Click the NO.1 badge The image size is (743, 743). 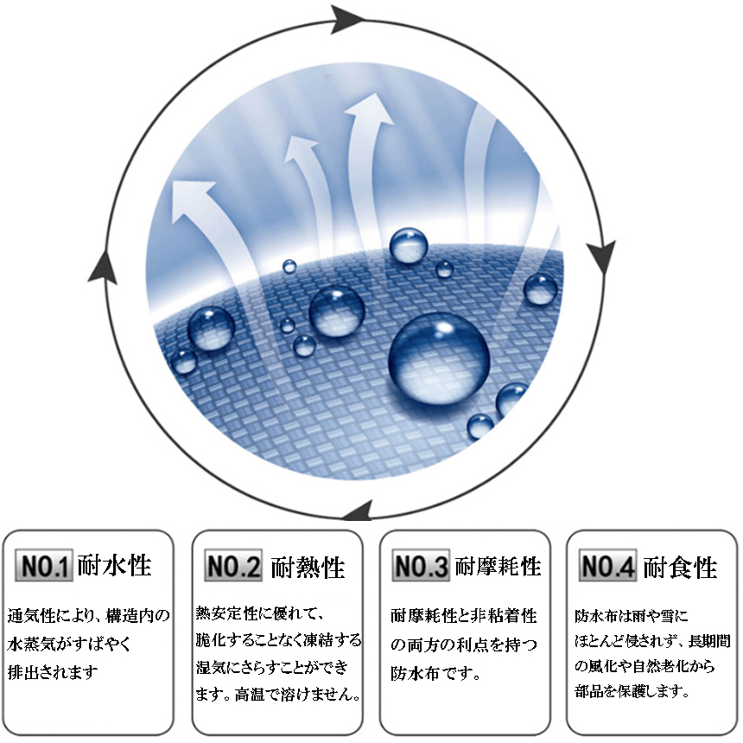pyautogui.click(x=44, y=565)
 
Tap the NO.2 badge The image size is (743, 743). pyautogui.click(x=232, y=565)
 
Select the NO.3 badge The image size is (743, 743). pyautogui.click(x=420, y=565)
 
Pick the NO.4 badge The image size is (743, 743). pyautogui.click(x=607, y=565)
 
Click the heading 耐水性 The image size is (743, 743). pyautogui.click(x=114, y=565)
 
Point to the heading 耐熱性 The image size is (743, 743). pyautogui.click(x=308, y=568)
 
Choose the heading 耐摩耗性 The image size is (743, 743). pyautogui.click(x=498, y=566)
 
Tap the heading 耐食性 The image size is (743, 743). pyautogui.click(x=680, y=568)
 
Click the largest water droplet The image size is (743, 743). pyautogui.click(x=439, y=358)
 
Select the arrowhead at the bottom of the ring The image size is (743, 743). pyautogui.click(x=358, y=511)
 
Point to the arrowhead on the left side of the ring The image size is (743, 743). pyautogui.click(x=103, y=268)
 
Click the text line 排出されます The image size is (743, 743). pyautogui.click(x=53, y=672)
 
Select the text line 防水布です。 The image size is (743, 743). pyautogui.click(x=435, y=673)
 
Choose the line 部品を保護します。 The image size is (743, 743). pyautogui.click(x=632, y=691)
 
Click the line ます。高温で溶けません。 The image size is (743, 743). pyautogui.click(x=278, y=695)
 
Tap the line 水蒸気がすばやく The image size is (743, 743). pyautogui.click(x=68, y=645)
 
